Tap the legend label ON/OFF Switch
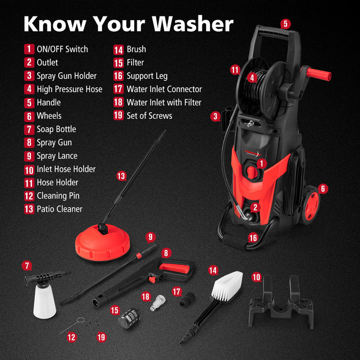pyautogui.click(x=62, y=49)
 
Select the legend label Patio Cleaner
pyautogui.click(x=59, y=209)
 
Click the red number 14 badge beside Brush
pyautogui.click(x=118, y=49)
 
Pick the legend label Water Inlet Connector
pyautogui.click(x=164, y=89)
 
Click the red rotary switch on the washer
pyautogui.click(x=251, y=172)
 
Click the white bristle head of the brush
pyautogui.click(x=227, y=285)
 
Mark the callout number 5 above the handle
pyautogui.click(x=285, y=24)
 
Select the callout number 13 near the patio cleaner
pyautogui.click(x=121, y=176)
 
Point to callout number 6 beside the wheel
pyautogui.click(x=323, y=188)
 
